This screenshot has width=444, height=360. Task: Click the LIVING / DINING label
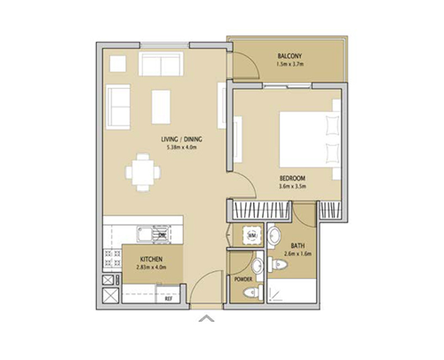(181, 140)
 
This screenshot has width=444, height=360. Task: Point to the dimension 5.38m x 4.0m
(181, 148)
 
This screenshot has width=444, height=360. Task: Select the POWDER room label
(243, 279)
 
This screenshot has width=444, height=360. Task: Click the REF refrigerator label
(168, 299)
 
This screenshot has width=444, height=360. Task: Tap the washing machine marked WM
(251, 236)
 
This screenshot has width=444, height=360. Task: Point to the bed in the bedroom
(307, 138)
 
